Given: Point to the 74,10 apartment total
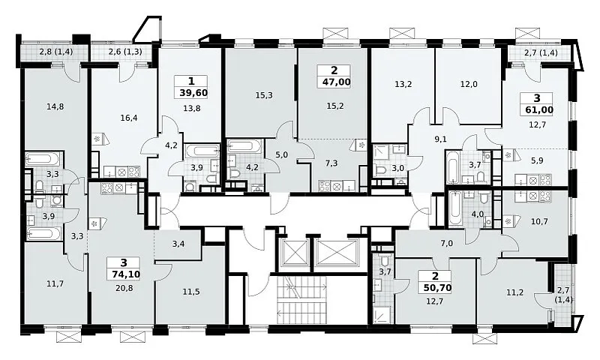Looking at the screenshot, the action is (x=124, y=274).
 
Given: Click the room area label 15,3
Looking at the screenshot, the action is (x=264, y=95).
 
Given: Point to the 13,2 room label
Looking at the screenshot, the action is (x=403, y=85).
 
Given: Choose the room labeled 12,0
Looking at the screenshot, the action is (x=469, y=85).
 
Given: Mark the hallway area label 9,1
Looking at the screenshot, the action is (x=441, y=139).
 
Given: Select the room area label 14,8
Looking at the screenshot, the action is (x=55, y=106).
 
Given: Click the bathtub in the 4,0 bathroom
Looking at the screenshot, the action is (x=455, y=209).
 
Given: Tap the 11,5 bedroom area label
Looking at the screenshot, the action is (x=191, y=292).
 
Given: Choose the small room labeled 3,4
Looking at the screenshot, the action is (x=178, y=243).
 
